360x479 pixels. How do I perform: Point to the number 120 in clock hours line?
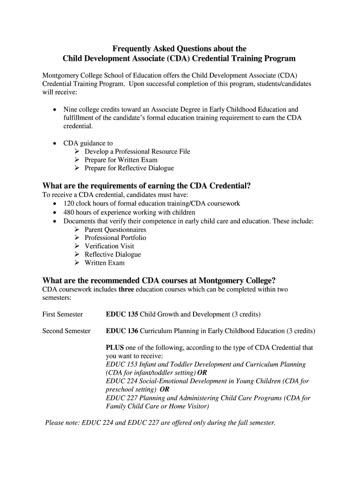coord(69,204)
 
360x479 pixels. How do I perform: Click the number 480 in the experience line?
coord(69,212)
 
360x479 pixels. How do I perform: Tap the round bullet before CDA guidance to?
coord(56,144)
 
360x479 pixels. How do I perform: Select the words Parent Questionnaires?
coord(115,230)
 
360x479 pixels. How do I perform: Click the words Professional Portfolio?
coord(115,238)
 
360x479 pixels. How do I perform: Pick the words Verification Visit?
coord(109,246)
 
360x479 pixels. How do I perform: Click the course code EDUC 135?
coord(122,314)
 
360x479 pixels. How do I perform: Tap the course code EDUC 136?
coord(122,331)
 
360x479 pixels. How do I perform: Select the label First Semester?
coord(63,314)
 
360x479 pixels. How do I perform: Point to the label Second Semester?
coord(66,331)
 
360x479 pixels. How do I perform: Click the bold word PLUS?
coord(115,348)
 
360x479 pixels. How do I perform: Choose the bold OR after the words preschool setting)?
coord(165,389)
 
